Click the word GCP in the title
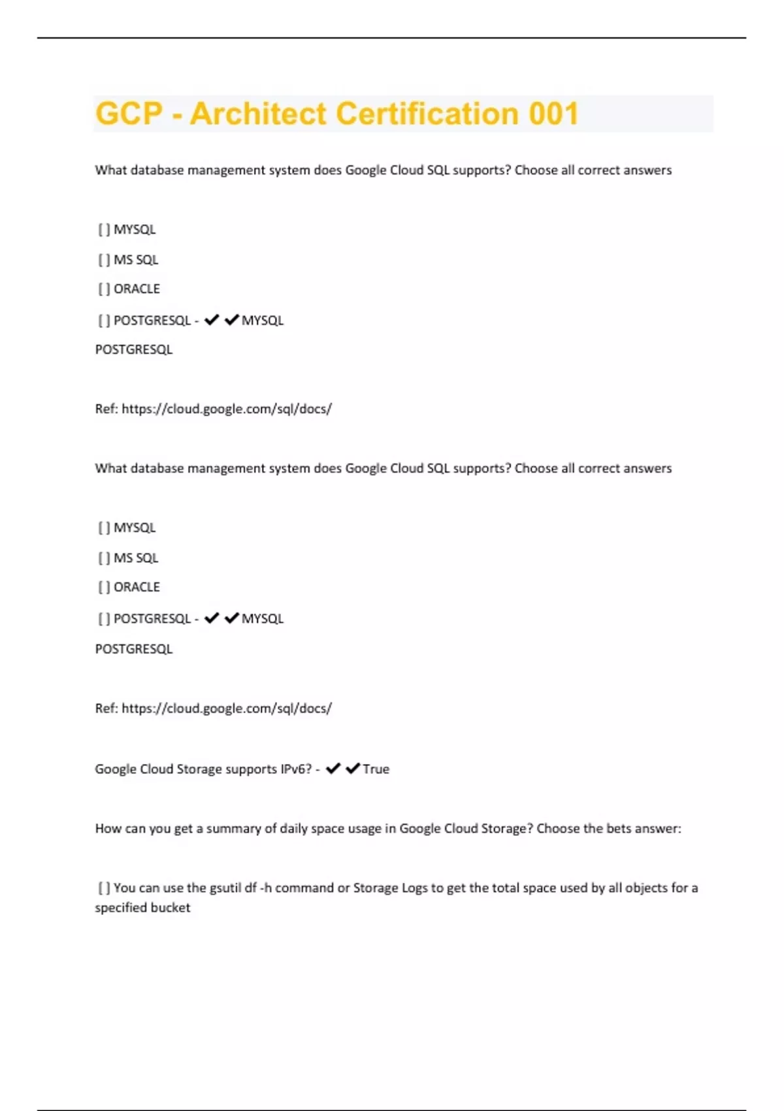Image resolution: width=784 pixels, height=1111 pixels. pyautogui.click(x=129, y=114)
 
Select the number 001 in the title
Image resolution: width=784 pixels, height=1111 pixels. pyautogui.click(x=553, y=114)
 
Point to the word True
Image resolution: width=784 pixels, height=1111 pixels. pyautogui.click(x=376, y=769)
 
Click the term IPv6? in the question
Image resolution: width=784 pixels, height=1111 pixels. pyautogui.click(x=296, y=769)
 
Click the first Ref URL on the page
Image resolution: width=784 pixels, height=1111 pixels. pyautogui.click(x=227, y=409)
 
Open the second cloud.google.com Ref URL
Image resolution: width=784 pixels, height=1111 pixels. pyautogui.click(x=227, y=708)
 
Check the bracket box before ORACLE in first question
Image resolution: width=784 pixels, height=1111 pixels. pyautogui.click(x=104, y=289)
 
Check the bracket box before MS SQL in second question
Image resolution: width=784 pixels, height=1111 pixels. pyautogui.click(x=104, y=558)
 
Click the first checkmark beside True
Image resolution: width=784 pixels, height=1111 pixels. pyautogui.click(x=333, y=769)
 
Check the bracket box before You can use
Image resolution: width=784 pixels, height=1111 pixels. pyautogui.click(x=104, y=888)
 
